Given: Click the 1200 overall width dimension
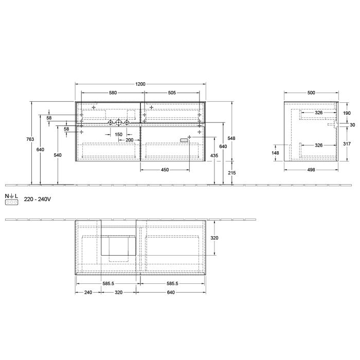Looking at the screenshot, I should tap(140, 84).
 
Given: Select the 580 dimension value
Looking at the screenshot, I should tap(113, 93).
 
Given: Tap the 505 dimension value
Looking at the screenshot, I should tap(172, 93).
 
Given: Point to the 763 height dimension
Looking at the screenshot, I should tap(30, 140).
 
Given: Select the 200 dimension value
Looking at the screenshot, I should tap(129, 140).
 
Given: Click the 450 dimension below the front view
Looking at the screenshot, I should tap(165, 169).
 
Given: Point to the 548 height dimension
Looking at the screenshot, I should tap(232, 139).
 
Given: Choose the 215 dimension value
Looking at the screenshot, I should tap(232, 173).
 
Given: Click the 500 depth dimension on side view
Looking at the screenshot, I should tap(311, 93).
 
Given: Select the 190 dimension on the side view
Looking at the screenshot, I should tap(346, 113).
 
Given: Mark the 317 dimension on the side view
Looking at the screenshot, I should tap(346, 144).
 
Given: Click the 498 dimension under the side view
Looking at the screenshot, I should tap(311, 169).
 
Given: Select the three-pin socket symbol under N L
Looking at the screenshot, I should tap(12, 203).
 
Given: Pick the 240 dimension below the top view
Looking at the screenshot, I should tap(88, 293).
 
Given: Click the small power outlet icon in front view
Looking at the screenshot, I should tap(185, 139).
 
